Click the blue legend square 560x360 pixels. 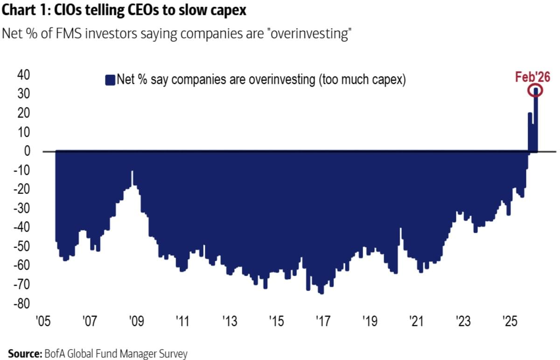pyautogui.click(x=110, y=80)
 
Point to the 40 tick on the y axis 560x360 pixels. pyautogui.click(x=23, y=75)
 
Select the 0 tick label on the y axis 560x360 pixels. pyautogui.click(x=27, y=151)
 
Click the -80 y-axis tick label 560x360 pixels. pyautogui.click(x=21, y=304)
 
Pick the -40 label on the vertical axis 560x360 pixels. pyautogui.click(x=21, y=228)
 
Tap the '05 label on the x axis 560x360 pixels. pyautogui.click(x=42, y=322)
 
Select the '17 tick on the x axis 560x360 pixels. pyautogui.click(x=322, y=322)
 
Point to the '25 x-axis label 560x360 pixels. pyautogui.click(x=509, y=322)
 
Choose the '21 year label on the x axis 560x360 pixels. pyautogui.click(x=416, y=322)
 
